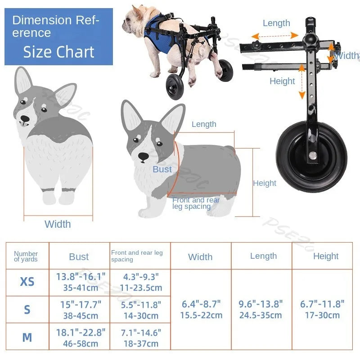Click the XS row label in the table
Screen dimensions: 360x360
coord(27,282)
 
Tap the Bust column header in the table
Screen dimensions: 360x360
coord(79,257)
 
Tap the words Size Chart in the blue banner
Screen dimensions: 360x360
coord(59,52)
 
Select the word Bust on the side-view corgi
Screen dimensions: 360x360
coord(162,169)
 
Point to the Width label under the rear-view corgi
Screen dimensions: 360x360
coord(58,224)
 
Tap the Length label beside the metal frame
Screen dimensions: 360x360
coord(276,23)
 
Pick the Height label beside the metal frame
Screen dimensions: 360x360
coord(282,81)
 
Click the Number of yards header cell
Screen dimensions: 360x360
coord(26,256)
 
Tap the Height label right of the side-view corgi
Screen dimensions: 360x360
coord(265,183)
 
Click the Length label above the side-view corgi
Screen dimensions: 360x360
coord(204,124)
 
